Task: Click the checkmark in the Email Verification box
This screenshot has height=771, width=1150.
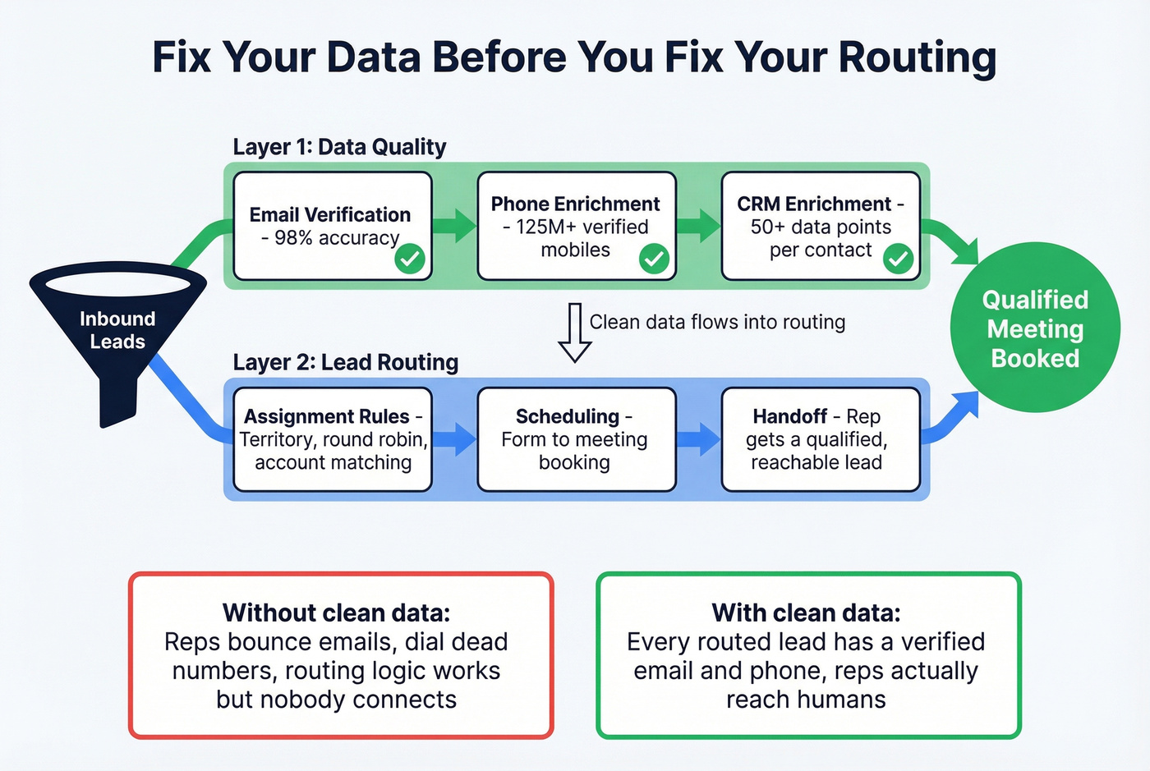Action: pos(409,259)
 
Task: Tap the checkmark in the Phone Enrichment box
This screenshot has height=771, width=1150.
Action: pos(654,259)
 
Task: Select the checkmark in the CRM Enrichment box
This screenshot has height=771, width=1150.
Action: pos(898,259)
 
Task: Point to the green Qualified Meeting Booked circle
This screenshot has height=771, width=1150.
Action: pos(1035,328)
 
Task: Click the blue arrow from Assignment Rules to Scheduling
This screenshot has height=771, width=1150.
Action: pos(454,439)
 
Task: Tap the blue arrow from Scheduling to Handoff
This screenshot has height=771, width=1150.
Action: pos(699,439)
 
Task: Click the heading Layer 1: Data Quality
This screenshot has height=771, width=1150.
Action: pos(339,147)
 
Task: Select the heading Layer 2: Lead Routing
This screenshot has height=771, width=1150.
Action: pos(345,362)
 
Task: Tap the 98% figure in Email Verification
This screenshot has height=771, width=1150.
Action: pos(293,238)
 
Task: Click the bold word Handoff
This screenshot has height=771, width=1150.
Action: pos(789,416)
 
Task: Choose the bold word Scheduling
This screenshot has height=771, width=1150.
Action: pos(567,416)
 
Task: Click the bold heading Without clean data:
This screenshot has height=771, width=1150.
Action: pos(336,613)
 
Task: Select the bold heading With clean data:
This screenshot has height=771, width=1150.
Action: pos(806,613)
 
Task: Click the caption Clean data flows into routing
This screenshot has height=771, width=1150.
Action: pos(717,322)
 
